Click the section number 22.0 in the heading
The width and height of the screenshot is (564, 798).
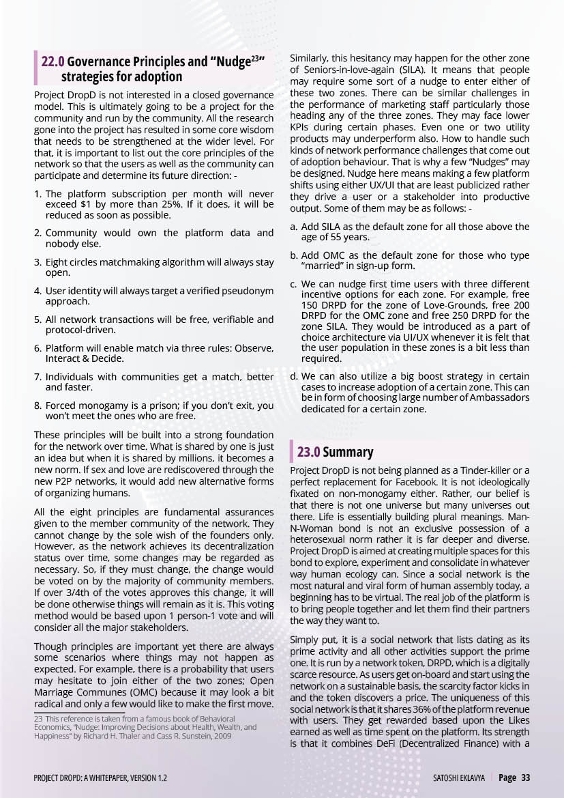coord(53,62)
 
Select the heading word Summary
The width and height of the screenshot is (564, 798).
coord(348,452)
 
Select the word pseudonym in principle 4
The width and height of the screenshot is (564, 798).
coord(247,291)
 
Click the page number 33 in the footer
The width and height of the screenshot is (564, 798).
coord(526,778)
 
